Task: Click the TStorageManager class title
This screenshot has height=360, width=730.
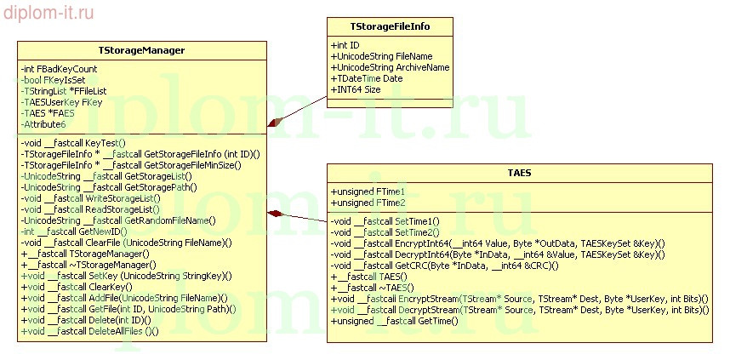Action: [142, 51]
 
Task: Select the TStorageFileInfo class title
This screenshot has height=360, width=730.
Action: [390, 26]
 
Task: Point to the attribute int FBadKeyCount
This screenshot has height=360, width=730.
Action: [60, 69]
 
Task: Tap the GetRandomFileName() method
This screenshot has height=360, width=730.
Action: [118, 220]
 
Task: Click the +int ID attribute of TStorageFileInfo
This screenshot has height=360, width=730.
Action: [345, 44]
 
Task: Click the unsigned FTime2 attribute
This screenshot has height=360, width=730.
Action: [368, 203]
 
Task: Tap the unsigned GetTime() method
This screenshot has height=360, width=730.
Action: [394, 321]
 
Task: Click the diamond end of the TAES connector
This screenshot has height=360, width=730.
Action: [274, 214]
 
